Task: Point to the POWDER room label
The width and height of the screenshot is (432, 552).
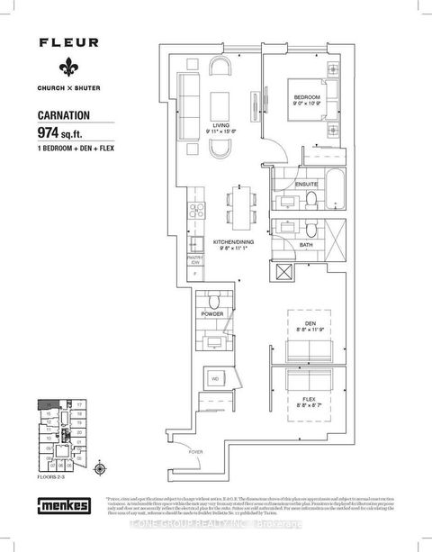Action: (x=212, y=315)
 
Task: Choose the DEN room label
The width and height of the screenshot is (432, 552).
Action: (x=308, y=324)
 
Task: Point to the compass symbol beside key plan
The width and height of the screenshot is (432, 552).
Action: (x=100, y=466)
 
